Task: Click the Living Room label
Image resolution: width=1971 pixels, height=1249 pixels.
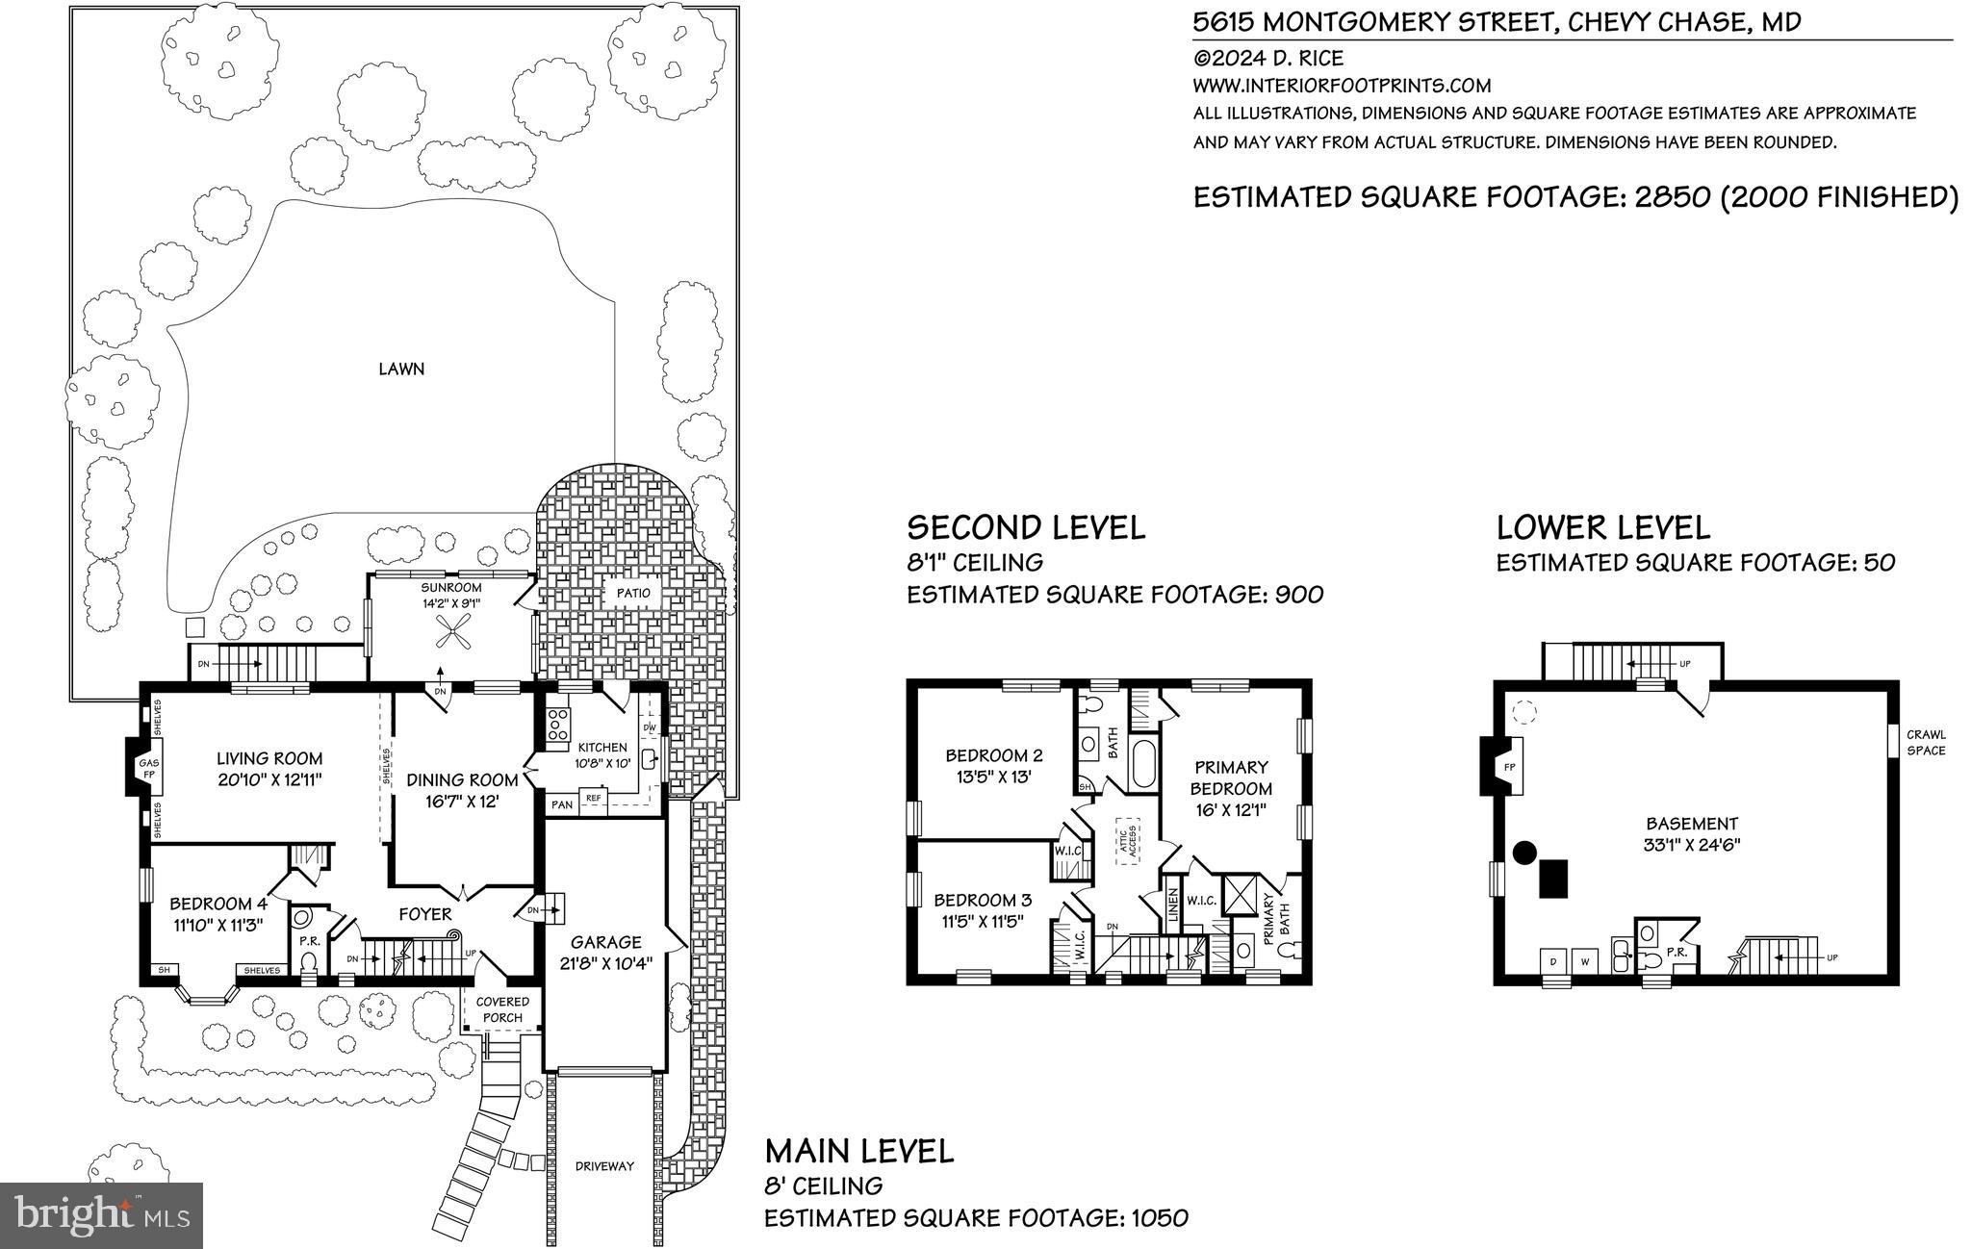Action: pos(269,758)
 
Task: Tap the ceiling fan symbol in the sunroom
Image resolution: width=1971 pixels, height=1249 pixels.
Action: pos(450,633)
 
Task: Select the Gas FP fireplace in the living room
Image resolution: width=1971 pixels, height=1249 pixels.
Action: pos(142,766)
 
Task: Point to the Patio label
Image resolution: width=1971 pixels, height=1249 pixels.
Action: pos(633,594)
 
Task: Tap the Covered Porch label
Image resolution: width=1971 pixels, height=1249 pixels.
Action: pos(502,1009)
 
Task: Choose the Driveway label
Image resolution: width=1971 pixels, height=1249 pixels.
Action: pos(604,1166)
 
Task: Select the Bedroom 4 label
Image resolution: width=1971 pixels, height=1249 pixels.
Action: pos(218,904)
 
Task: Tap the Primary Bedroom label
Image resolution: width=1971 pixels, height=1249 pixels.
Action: pos(1231,777)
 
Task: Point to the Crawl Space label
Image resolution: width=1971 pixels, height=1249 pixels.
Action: pos(1926,742)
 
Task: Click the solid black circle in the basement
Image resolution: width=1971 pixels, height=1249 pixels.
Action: pos(1523,852)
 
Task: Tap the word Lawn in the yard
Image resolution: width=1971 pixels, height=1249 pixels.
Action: pos(401,369)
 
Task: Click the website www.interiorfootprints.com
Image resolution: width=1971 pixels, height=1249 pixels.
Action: pos(1342,86)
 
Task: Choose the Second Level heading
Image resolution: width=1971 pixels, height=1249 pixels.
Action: pos(1026,527)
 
